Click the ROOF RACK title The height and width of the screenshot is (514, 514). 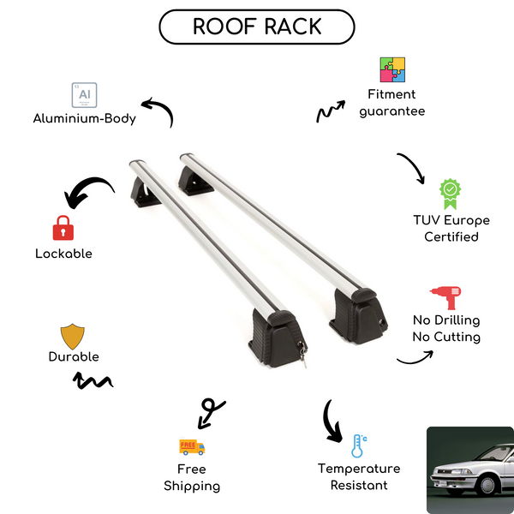click(x=257, y=27)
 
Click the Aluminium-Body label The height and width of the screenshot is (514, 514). click(x=85, y=118)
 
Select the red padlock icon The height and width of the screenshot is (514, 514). click(x=63, y=227)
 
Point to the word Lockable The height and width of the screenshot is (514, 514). click(x=63, y=254)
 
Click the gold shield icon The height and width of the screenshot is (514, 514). click(x=73, y=335)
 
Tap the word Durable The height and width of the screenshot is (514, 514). click(x=74, y=356)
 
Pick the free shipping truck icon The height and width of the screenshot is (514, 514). click(x=192, y=446)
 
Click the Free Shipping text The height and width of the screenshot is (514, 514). click(x=192, y=478)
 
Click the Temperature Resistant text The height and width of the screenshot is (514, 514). click(x=359, y=477)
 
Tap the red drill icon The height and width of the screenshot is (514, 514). click(x=445, y=297)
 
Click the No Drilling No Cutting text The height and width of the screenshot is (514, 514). click(x=445, y=329)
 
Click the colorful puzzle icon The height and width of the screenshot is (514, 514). click(x=392, y=70)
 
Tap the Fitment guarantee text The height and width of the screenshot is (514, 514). click(x=392, y=103)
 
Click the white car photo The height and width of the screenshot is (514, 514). click(x=470, y=467)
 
